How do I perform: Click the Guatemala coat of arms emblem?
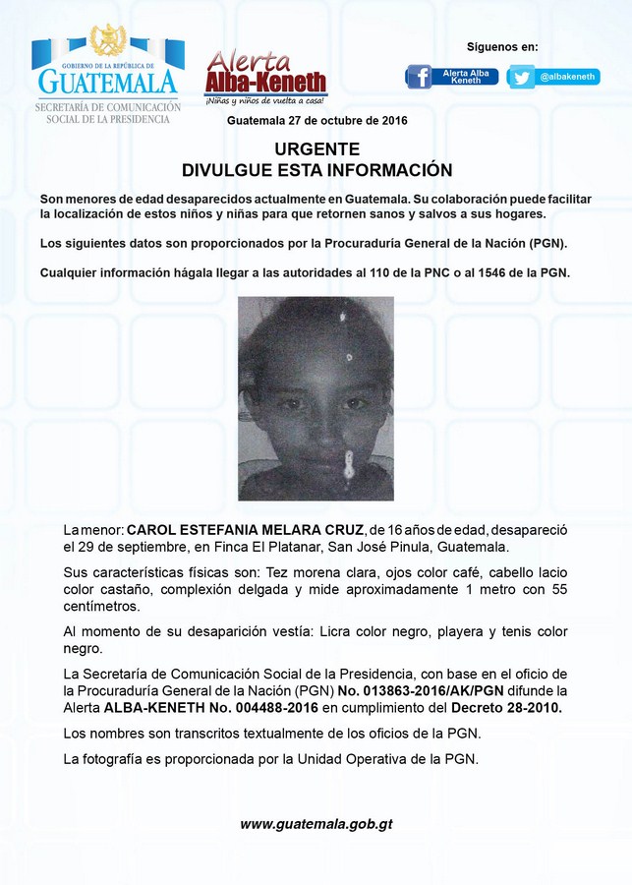coord(107,40)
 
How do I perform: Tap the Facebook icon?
coord(419,77)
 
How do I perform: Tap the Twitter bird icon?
coord(521,77)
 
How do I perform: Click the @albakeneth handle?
coord(567,77)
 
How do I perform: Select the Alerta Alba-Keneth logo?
coord(265,75)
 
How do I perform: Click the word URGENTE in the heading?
coord(316,148)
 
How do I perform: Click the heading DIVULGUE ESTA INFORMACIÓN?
coord(316,169)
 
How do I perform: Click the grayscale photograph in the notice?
coord(316,398)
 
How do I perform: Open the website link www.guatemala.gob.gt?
coord(316,824)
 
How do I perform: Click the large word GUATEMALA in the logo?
coord(108,81)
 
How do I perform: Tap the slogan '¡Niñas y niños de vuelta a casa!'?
coord(265,100)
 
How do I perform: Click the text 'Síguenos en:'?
coord(502,46)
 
